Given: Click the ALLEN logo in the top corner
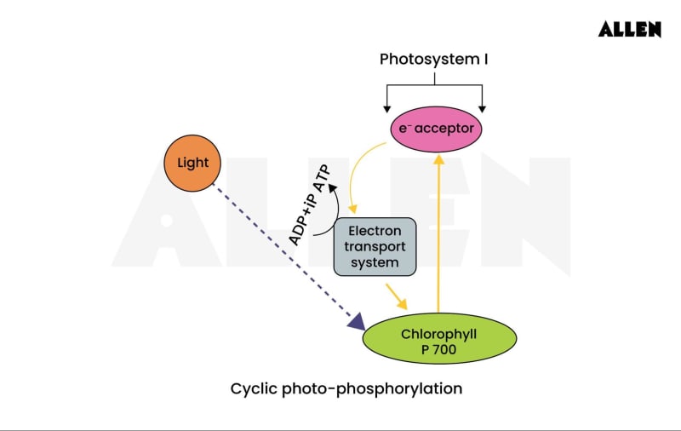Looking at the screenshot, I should (629, 29).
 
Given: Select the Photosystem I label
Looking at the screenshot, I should (434, 60).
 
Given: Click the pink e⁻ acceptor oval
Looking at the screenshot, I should (436, 129).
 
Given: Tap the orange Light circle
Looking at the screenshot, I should (192, 162).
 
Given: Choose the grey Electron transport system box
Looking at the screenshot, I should (375, 246).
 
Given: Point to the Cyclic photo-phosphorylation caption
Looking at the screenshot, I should (346, 388).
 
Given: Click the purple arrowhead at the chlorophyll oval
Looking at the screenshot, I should (357, 322).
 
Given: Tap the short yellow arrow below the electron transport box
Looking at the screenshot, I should (396, 296).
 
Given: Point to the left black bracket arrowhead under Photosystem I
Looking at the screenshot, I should (387, 108).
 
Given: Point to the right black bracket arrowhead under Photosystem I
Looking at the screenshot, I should (483, 108).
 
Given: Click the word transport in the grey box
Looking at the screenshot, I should (375, 247).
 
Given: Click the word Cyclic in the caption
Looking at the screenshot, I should (253, 388).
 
